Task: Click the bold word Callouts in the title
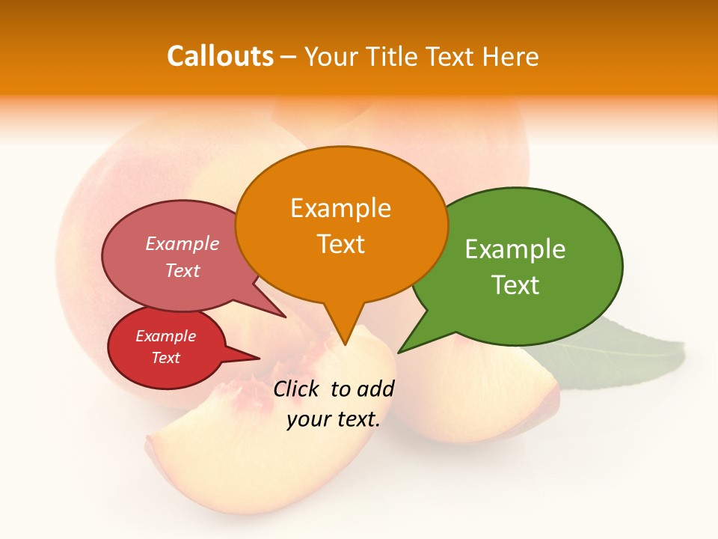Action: [x=220, y=56]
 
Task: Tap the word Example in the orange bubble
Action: [x=340, y=208]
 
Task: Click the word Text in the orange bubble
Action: [x=340, y=244]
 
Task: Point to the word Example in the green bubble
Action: [x=515, y=249]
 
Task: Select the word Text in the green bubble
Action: [x=515, y=285]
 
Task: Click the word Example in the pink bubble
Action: [x=182, y=244]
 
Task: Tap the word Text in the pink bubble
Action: [x=182, y=271]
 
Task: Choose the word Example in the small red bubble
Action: [x=165, y=337]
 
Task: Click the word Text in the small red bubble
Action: [x=165, y=358]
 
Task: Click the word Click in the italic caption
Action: [x=296, y=389]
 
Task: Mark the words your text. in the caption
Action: [x=334, y=420]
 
